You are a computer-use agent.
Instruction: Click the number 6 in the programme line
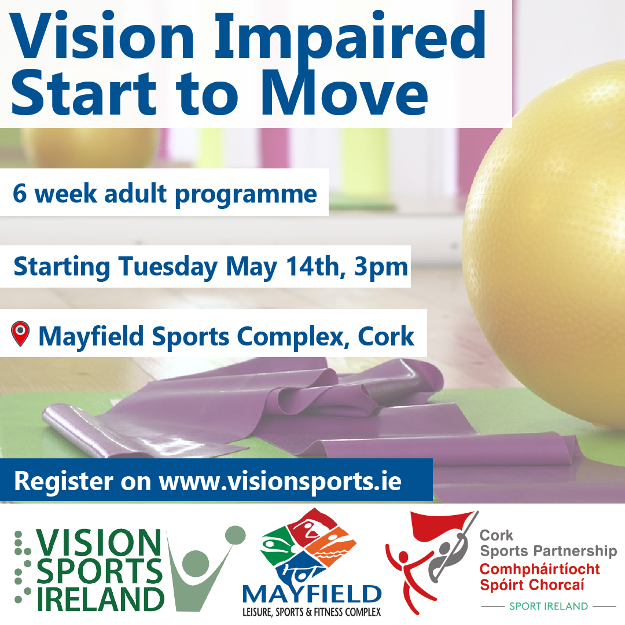[x=20, y=194]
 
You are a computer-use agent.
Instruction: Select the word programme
[x=246, y=196]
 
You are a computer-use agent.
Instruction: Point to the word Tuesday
[x=168, y=267]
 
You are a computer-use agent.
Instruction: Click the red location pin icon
[x=20, y=333]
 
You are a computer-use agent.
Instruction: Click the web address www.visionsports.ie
[x=280, y=481]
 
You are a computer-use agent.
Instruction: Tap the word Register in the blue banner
[x=64, y=482]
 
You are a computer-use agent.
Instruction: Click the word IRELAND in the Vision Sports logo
[x=101, y=599]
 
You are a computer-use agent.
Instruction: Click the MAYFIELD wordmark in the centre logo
[x=312, y=595]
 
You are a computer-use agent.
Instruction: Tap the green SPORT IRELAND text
[x=549, y=606]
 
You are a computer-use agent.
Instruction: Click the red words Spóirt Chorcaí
[x=532, y=585]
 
